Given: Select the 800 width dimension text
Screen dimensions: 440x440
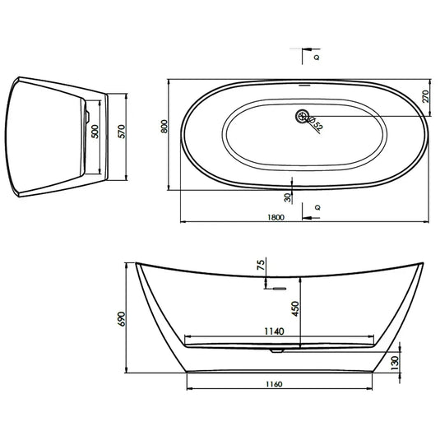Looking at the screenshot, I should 164,127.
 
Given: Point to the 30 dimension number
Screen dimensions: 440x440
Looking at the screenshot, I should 287,197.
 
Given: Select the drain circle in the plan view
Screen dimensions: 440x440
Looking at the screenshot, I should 301,116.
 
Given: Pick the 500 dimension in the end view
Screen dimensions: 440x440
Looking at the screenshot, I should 95,132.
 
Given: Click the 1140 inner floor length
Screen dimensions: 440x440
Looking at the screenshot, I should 274,331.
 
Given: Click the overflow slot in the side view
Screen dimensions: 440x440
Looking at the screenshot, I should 277,289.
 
